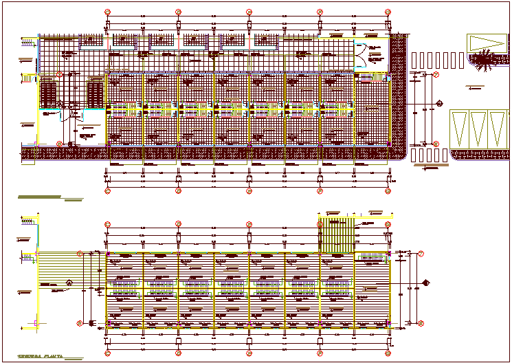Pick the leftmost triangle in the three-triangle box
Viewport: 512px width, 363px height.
tap(458, 128)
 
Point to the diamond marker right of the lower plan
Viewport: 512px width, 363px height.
tap(427, 282)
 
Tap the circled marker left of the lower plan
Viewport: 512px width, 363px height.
tap(69, 283)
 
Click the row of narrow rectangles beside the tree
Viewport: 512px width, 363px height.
tap(436, 60)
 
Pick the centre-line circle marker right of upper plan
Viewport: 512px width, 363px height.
tap(438, 104)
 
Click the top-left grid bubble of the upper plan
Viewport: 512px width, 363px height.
tap(107, 12)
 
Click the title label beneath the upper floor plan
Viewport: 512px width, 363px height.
tap(40, 197)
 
